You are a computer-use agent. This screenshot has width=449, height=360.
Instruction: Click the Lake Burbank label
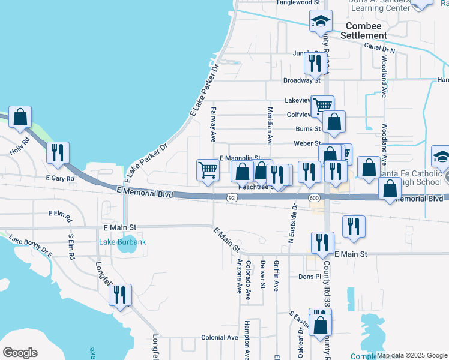point(122,242)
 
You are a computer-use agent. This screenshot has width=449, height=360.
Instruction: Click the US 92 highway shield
point(232,197)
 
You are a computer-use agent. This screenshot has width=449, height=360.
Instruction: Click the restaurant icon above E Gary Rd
point(58,152)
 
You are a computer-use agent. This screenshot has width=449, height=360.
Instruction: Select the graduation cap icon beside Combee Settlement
point(321,22)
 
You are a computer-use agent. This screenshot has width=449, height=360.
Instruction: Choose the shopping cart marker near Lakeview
point(323,106)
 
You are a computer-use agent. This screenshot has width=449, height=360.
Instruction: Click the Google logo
point(20,353)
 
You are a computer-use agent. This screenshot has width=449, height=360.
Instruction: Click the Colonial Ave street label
point(220,337)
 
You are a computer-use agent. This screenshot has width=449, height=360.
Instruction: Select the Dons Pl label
point(310,277)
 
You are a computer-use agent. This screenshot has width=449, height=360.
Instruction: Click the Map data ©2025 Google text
point(412,355)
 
